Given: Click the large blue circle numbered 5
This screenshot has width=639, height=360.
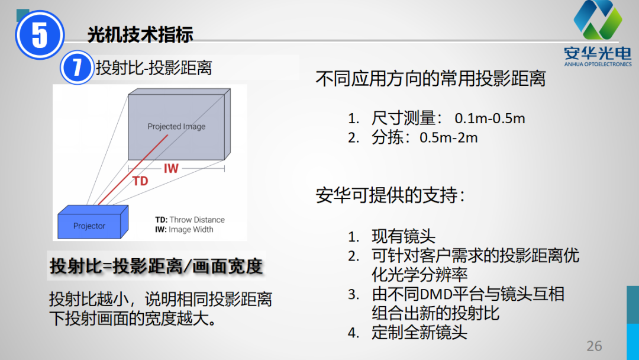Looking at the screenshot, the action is [40, 35].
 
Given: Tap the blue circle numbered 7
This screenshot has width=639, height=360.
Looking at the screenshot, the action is [77, 67].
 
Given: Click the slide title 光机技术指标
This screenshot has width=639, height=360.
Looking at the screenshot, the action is [140, 34].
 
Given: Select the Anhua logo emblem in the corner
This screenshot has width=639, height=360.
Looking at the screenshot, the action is [598, 19].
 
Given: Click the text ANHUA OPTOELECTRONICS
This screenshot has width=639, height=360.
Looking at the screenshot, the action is [598, 64].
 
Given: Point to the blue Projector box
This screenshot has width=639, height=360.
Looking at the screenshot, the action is [93, 222].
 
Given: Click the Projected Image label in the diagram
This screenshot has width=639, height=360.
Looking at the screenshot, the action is [176, 126].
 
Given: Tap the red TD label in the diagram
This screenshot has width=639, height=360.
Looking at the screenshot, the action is [140, 181].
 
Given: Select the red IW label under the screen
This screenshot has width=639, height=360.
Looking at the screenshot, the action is [171, 168].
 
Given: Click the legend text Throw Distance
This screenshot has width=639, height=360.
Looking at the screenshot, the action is [197, 220].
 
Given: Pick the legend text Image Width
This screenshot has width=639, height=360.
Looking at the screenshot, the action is [191, 230].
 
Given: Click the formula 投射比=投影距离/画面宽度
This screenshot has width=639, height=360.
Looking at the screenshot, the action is [156, 266].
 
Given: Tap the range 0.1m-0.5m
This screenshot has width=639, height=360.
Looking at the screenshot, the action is [490, 118].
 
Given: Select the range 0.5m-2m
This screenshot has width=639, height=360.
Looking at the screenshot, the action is [448, 137].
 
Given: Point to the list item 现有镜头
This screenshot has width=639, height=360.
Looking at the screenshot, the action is [403, 236].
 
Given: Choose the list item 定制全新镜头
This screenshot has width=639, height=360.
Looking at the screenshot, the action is [419, 332].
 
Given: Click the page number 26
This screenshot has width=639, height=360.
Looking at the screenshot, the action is [594, 346].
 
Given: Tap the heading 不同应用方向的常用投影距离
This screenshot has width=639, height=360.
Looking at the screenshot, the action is [430, 78].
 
